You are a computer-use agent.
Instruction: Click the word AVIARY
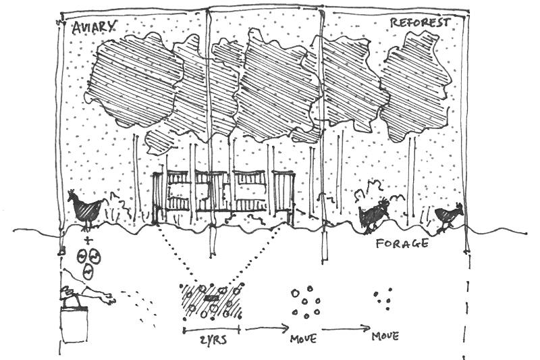(94, 27)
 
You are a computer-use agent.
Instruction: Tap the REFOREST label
(419, 23)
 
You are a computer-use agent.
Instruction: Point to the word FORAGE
(402, 243)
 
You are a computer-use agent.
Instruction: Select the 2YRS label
(214, 339)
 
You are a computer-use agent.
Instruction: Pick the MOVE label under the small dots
(385, 336)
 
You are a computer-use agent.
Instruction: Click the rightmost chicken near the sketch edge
(449, 216)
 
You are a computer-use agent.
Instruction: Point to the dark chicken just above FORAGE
(373, 213)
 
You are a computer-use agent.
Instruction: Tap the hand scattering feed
(101, 296)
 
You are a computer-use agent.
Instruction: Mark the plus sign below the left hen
(87, 240)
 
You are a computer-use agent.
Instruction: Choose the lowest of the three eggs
(88, 272)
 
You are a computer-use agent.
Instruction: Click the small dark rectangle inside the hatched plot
(211, 298)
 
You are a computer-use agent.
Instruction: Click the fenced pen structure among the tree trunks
(223, 196)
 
